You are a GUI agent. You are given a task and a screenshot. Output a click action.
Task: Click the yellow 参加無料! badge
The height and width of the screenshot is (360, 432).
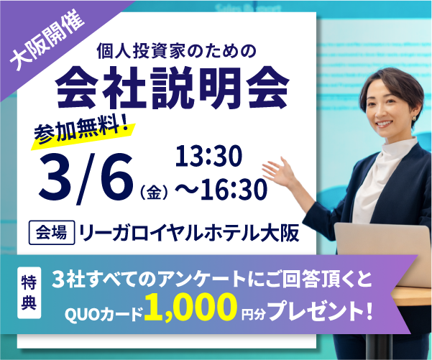pyautogui.click(x=85, y=131)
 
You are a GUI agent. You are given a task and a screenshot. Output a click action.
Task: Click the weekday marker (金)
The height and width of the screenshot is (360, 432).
pyautogui.click(x=154, y=192)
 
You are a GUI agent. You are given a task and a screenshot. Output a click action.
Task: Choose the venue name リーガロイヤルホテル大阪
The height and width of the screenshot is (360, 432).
pyautogui.click(x=189, y=234)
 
